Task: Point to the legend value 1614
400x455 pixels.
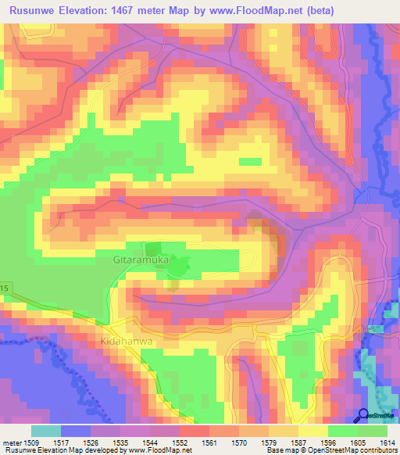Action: pyautogui.click(x=387, y=443)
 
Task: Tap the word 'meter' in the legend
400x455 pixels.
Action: pyautogui.click(x=13, y=443)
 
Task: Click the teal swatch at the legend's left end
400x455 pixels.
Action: pyautogui.click(x=45, y=431)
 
